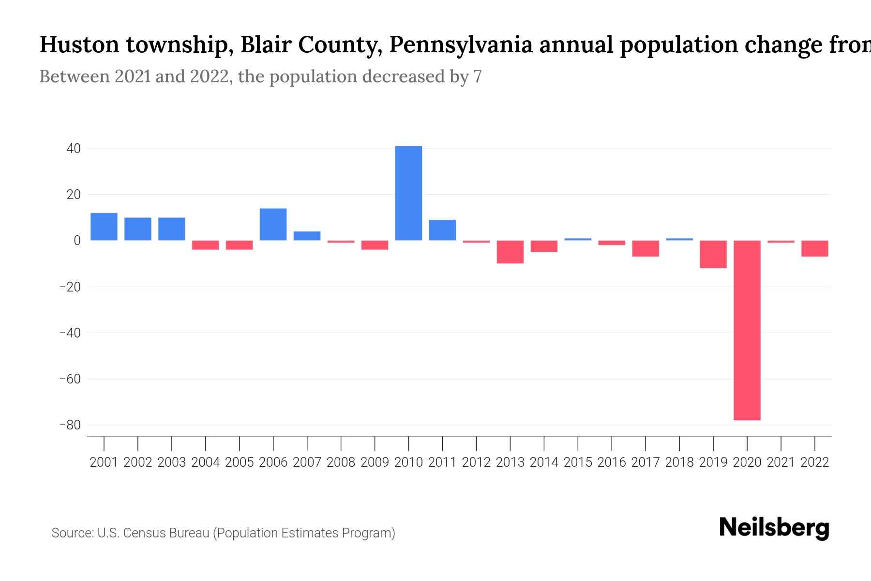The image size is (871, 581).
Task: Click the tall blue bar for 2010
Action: coord(408,193)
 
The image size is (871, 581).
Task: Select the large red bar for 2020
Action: coord(747,330)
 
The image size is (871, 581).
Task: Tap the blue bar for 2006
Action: coord(273,224)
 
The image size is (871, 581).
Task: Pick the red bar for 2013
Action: coord(510,252)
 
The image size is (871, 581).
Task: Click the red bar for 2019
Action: coord(713,254)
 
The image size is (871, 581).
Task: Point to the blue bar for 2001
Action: coord(104,227)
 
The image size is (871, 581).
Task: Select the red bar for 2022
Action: coord(815,248)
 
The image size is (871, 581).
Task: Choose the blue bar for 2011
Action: coord(442,230)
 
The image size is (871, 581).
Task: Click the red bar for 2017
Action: coord(646,248)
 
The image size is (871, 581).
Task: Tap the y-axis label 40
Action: coord(74,149)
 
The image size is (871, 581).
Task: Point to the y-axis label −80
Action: coord(70,425)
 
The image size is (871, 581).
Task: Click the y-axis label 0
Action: coord(77,241)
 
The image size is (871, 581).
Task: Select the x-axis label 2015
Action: coord(578,462)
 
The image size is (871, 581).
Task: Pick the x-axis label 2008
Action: coord(341,462)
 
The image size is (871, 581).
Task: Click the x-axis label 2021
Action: coord(781,462)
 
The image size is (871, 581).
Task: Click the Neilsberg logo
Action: coord(774,528)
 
